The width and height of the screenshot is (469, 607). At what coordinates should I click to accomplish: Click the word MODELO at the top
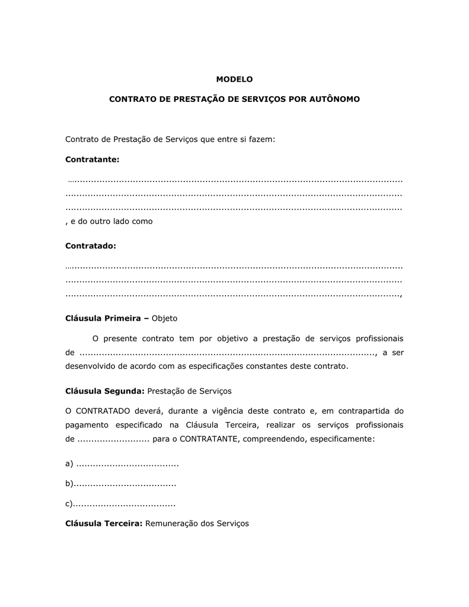coord(234,79)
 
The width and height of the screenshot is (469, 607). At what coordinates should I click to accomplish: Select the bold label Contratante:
coord(92,159)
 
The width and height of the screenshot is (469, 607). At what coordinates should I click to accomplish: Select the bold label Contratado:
coord(90,245)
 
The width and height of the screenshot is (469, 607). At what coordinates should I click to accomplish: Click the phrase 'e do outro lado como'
coord(111,221)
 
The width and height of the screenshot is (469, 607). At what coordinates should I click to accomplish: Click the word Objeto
coord(165,318)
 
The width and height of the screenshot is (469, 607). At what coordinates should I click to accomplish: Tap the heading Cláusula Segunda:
coord(104,391)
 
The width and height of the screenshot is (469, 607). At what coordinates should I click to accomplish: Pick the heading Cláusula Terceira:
coord(104,523)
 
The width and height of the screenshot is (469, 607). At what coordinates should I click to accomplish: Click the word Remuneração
coord(171,523)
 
